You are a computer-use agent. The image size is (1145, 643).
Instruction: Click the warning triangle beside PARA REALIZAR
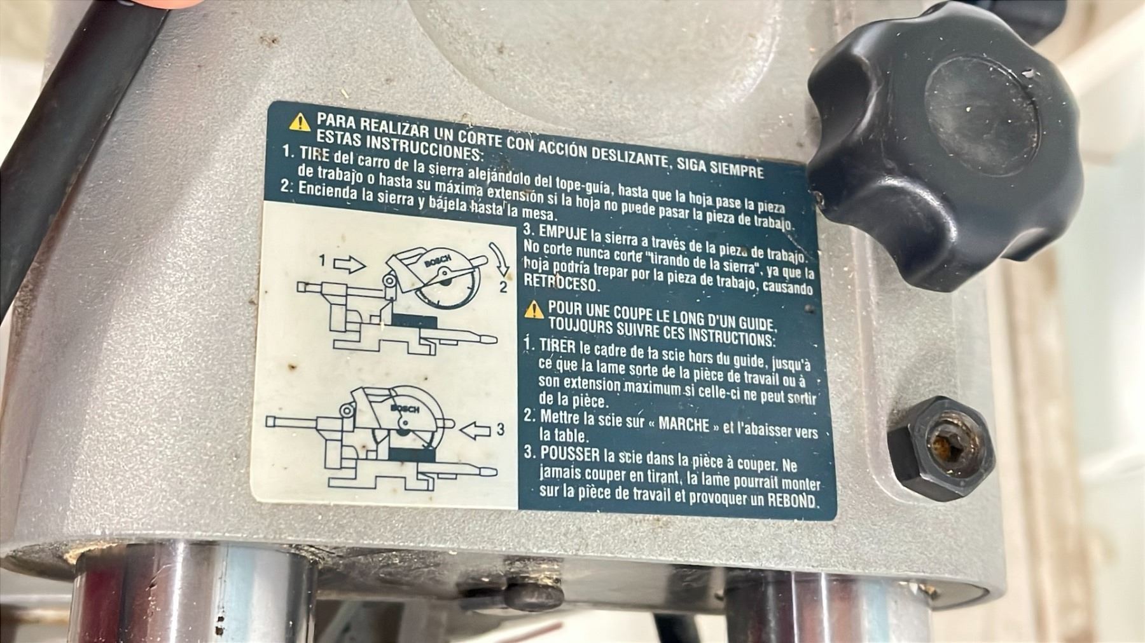point(300,121)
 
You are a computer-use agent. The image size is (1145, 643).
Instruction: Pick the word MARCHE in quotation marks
point(683,424)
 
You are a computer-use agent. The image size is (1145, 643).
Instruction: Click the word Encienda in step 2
point(324,189)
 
